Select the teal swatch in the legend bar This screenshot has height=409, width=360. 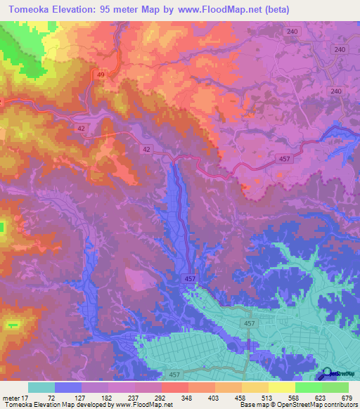click(x=41, y=387)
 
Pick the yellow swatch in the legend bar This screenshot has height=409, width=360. click(x=282, y=387)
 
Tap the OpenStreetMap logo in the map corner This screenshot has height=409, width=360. click(x=337, y=375)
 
